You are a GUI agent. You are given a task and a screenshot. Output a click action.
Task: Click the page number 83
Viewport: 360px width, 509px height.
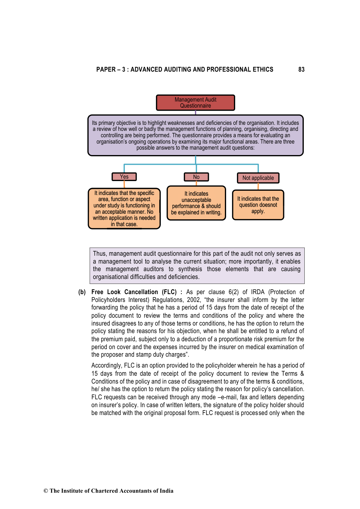301,70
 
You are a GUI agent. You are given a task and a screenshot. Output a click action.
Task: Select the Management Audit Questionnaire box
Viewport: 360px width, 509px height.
195,103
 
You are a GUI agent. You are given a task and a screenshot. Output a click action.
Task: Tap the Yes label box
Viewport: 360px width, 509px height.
124,177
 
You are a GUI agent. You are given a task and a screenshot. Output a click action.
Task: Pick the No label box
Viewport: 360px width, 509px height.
196,177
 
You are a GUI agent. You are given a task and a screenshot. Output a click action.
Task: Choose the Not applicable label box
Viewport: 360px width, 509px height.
258,178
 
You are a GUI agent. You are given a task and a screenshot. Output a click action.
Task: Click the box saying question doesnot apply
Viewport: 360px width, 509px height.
258,205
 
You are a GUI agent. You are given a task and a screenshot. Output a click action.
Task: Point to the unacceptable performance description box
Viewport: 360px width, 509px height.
196,203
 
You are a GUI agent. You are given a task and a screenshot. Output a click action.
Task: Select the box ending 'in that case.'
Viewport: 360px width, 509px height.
124,209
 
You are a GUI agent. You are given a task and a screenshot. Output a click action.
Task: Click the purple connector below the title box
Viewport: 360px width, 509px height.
196,113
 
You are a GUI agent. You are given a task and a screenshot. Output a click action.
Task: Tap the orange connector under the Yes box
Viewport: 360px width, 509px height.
124,184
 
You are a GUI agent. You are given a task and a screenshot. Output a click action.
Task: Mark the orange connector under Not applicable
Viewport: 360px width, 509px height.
258,186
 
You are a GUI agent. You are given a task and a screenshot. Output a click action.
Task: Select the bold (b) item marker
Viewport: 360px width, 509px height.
82,292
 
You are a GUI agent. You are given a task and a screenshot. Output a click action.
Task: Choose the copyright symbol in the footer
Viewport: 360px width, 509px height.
46,491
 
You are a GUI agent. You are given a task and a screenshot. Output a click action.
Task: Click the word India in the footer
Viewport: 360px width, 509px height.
166,491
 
